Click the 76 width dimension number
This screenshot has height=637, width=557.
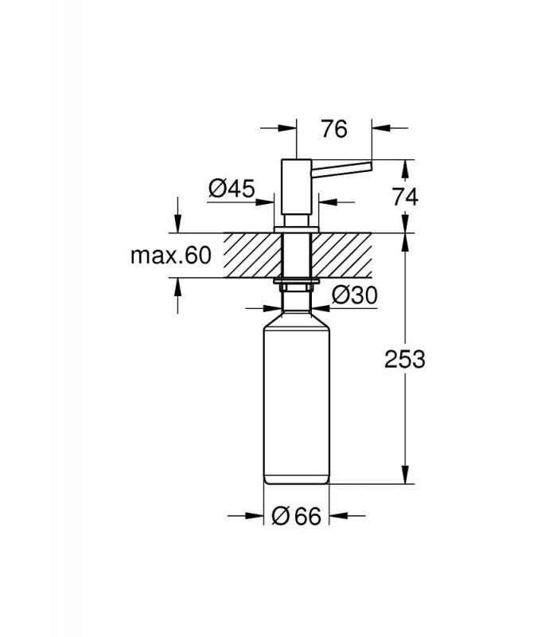tap(334, 129)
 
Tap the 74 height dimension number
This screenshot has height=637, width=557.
tap(405, 197)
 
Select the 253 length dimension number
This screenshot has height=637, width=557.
tap(405, 359)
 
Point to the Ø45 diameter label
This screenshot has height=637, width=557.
tap(232, 188)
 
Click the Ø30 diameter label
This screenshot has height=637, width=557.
tap(354, 295)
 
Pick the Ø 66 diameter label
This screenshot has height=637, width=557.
tap(296, 516)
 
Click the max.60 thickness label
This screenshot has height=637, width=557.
tap(171, 255)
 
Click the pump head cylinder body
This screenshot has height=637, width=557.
tap(297, 186)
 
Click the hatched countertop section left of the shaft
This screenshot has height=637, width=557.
tap(253, 256)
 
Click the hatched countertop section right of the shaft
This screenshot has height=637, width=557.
tap(341, 256)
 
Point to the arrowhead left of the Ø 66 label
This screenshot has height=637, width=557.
tap(255, 516)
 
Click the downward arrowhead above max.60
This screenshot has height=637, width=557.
tap(177, 224)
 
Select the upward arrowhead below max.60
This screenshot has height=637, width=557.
tap(177, 287)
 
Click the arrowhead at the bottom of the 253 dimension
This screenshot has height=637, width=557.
tap(405, 475)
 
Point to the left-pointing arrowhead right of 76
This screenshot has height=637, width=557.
tap(381, 128)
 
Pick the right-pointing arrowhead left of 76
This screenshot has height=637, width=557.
tap(288, 128)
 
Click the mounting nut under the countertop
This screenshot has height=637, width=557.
tap(297, 284)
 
